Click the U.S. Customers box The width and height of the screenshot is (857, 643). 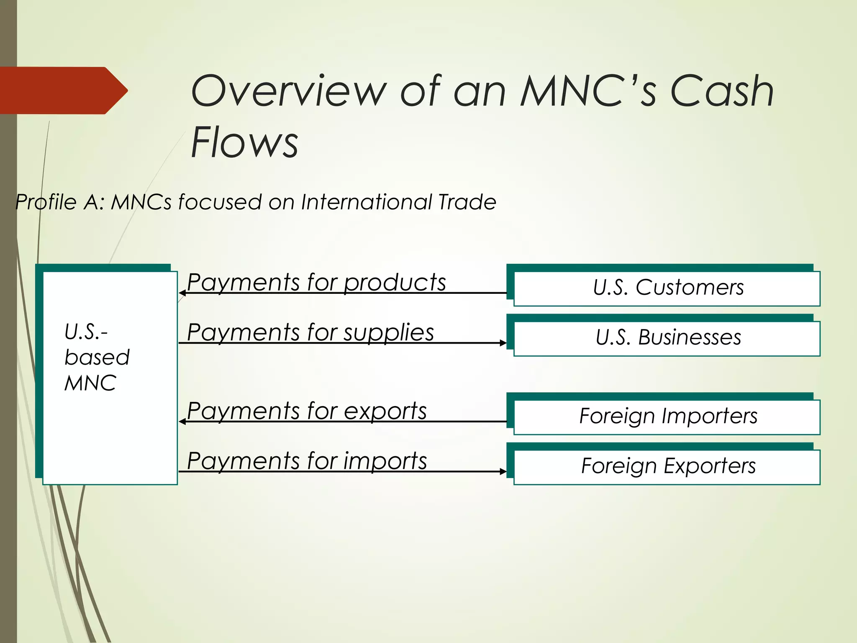tap(667, 288)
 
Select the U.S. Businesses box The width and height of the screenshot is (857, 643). tap(667, 338)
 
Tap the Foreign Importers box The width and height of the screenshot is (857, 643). tap(667, 417)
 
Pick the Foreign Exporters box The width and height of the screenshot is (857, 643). tap(667, 466)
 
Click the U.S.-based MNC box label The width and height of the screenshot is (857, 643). tap(97, 358)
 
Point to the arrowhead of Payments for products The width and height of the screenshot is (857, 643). tap(182, 293)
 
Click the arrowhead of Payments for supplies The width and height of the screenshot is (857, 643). tap(503, 343)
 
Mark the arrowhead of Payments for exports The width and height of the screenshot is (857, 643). tap(182, 422)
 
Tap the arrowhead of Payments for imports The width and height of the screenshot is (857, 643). tap(503, 471)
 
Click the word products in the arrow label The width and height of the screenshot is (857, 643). tap(395, 283)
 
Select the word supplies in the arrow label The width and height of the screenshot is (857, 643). tap(389, 333)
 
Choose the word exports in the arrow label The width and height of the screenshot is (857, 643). tap(385, 411)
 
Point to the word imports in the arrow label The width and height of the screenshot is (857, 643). tap(385, 461)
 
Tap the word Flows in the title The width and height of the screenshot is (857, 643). tap(244, 142)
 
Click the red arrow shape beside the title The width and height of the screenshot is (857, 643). tap(63, 90)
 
